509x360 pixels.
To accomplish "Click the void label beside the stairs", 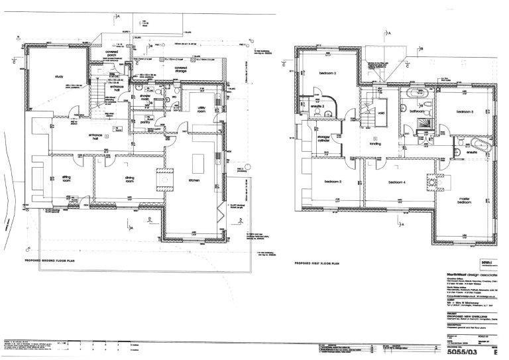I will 382,111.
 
